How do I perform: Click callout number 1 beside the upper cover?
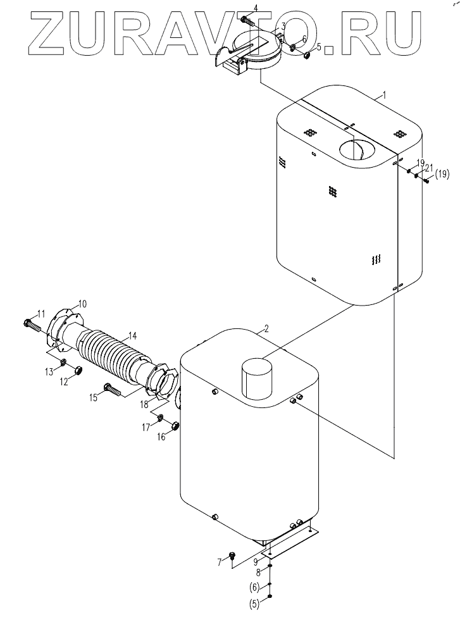point(385,95)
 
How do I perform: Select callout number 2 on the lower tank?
point(266,329)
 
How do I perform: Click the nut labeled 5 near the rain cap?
point(308,55)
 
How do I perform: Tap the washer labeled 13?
point(64,363)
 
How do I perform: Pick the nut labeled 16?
point(175,426)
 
